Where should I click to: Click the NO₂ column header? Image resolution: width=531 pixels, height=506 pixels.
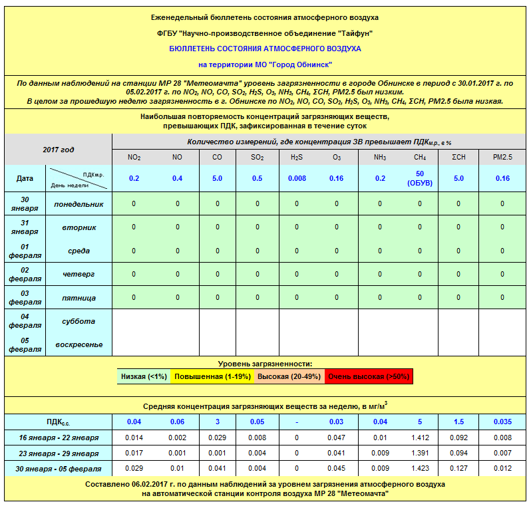[x=134, y=158]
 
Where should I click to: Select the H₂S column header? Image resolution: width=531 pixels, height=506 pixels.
[x=297, y=158]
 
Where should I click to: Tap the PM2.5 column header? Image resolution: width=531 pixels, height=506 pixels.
[x=502, y=158]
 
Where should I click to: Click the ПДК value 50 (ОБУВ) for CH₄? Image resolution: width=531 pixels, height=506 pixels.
[x=419, y=178]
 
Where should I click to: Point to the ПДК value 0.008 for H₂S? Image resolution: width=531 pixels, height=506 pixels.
[x=297, y=178]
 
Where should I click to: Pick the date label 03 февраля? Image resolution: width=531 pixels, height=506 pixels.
[x=25, y=297]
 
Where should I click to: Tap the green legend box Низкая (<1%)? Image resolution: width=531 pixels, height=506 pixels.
[x=144, y=376]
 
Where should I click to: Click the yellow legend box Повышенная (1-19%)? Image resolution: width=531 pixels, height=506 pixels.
[x=203, y=376]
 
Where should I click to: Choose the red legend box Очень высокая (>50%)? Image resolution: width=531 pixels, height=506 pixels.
[x=369, y=376]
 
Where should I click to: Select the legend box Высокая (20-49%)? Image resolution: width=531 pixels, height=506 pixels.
[x=289, y=376]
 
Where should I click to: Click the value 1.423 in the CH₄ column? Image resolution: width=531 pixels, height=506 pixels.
[x=419, y=468]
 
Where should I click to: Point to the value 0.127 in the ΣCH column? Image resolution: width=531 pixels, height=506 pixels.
[x=458, y=468]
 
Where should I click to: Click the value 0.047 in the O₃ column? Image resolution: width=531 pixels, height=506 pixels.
[x=338, y=438]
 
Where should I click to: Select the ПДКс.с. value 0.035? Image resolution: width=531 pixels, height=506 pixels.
[x=502, y=422]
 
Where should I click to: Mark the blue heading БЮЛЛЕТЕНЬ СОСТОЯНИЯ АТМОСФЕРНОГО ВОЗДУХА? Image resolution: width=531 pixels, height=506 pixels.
[x=265, y=49]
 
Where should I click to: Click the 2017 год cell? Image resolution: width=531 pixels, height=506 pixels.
[x=58, y=150]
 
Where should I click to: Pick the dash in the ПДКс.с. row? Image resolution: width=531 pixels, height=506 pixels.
[x=297, y=422]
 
